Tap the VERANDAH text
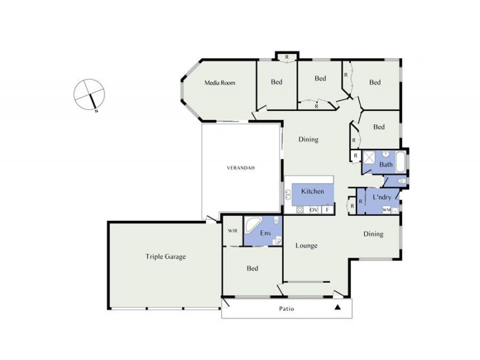click(241, 168)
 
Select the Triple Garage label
click(166, 257)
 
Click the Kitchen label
click(313, 191)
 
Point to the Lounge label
click(306, 245)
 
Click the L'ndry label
click(382, 197)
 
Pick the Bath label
click(386, 164)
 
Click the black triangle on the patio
click(338, 308)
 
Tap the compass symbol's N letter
click(96, 112)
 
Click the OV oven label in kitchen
click(313, 209)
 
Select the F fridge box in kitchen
click(327, 209)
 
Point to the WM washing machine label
click(386, 209)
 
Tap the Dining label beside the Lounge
click(373, 235)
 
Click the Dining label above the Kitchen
click(308, 140)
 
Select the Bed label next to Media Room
click(276, 82)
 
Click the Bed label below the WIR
click(252, 268)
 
